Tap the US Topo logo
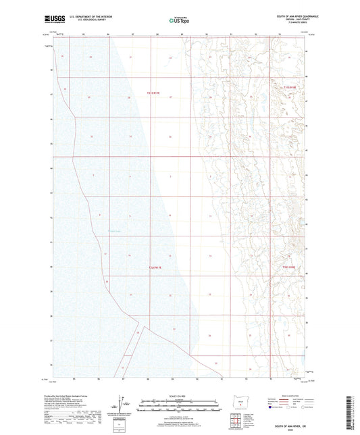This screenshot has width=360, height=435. (x=179, y=21)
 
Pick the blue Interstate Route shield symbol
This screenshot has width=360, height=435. (x=272, y=408)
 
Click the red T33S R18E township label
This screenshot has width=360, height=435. (x=289, y=267)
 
